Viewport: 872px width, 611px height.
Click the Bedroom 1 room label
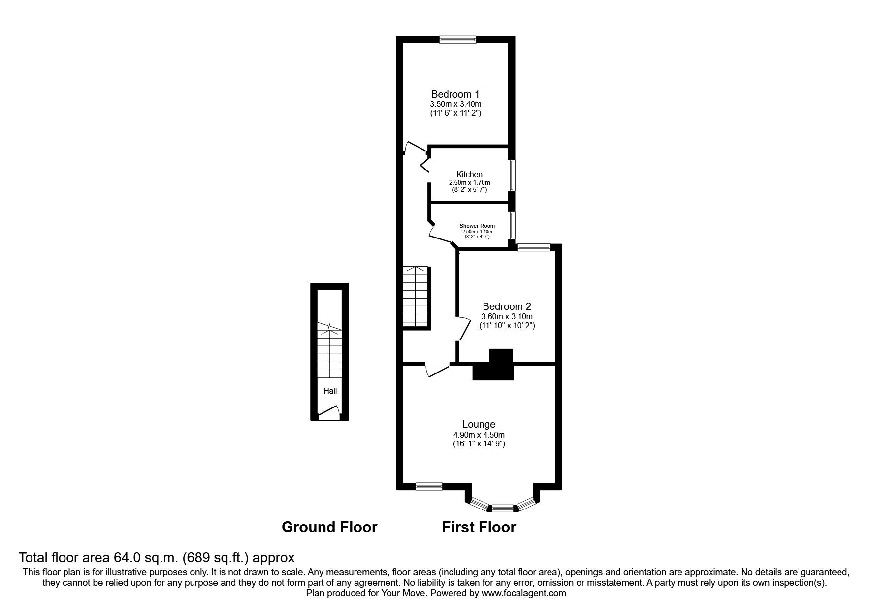click(455, 94)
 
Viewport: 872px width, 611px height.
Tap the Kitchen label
click(469, 174)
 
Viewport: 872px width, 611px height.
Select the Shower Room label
click(477, 226)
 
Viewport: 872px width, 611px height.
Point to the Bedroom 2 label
click(507, 306)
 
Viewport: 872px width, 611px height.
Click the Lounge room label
click(479, 424)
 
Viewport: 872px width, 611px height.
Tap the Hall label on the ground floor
click(330, 391)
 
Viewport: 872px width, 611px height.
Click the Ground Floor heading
click(329, 527)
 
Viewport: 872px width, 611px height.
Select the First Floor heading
click(479, 527)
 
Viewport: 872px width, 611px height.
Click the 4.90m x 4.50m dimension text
click(479, 435)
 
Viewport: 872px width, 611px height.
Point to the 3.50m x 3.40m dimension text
click(455, 104)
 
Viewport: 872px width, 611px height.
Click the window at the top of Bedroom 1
click(457, 40)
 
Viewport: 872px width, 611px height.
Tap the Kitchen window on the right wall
click(512, 175)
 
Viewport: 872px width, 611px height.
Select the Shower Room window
click(512, 225)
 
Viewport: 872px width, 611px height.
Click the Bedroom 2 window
click(534, 247)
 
